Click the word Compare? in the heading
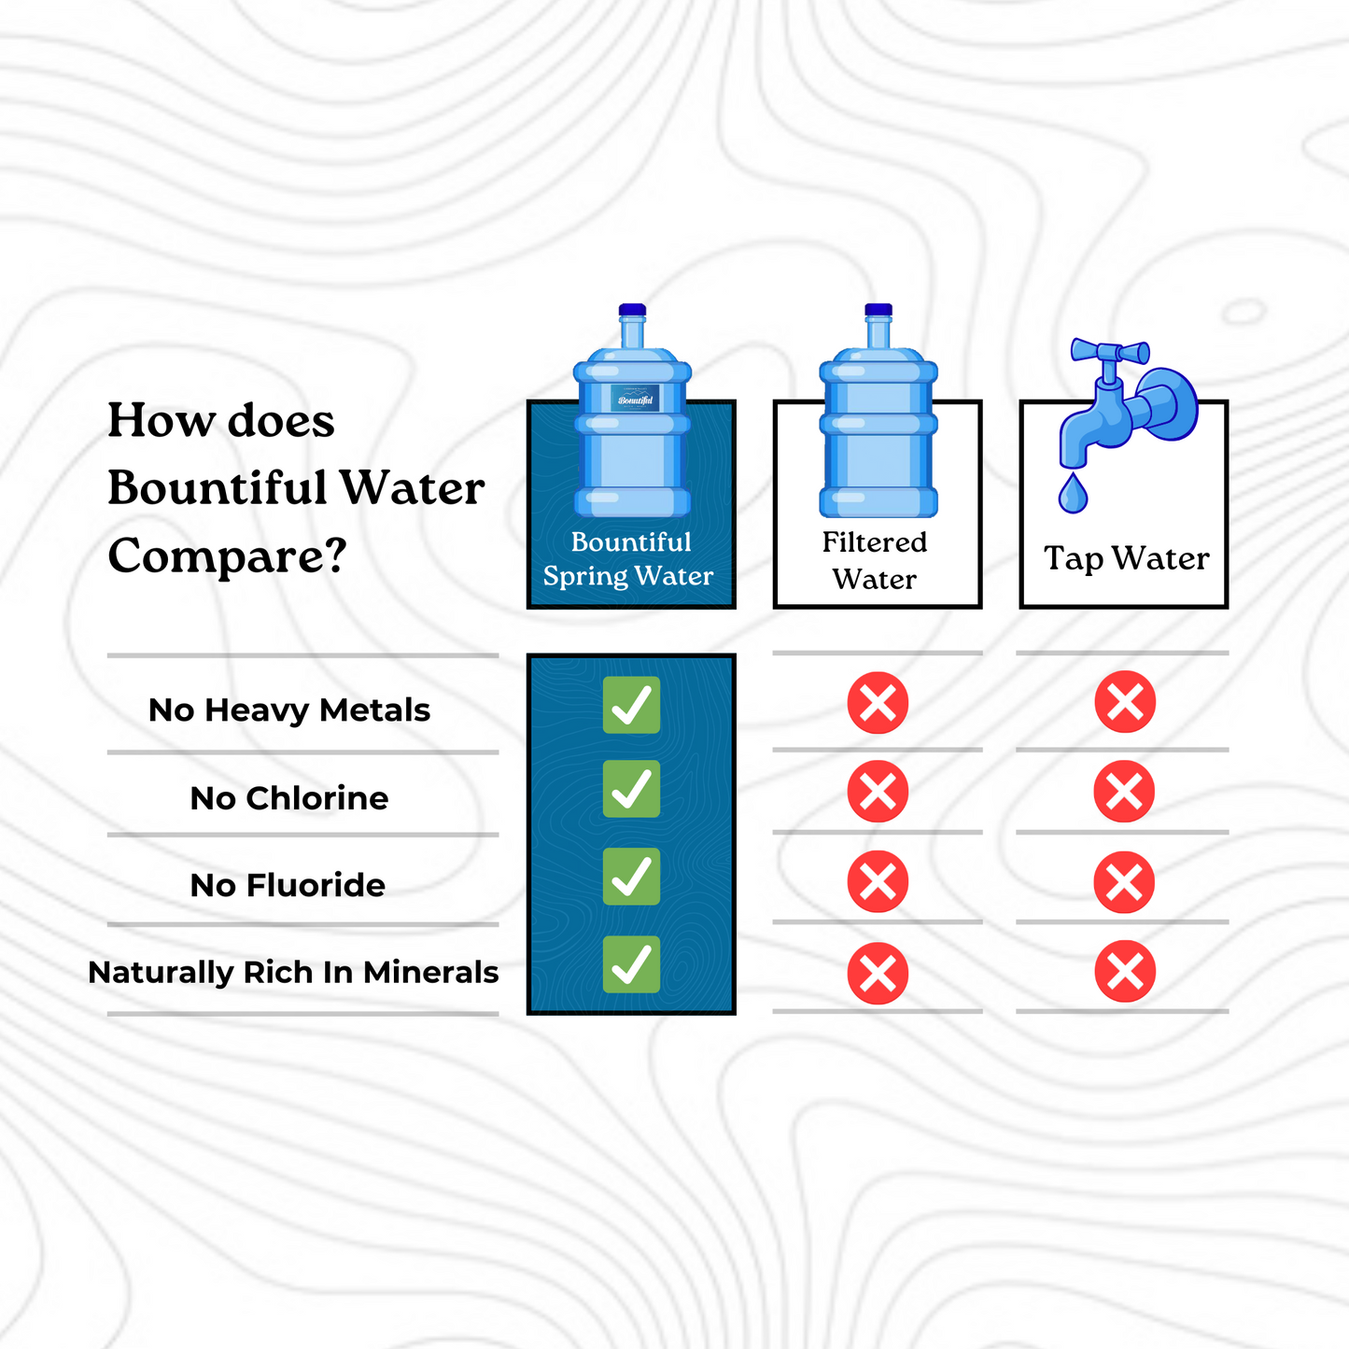(x=228, y=555)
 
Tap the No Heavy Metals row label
(x=289, y=710)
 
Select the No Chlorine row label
(x=289, y=798)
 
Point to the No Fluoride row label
(x=288, y=886)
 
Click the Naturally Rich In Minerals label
(x=293, y=973)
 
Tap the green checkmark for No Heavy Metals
(x=631, y=705)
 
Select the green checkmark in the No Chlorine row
(x=631, y=789)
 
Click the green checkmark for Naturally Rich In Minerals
(x=631, y=964)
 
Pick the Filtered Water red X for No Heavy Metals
(x=878, y=703)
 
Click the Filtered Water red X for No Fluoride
(x=878, y=881)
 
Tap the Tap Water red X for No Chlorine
(x=1124, y=791)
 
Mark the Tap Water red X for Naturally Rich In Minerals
(x=1125, y=971)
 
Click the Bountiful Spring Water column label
(x=628, y=558)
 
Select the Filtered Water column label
(x=875, y=560)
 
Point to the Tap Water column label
(x=1127, y=559)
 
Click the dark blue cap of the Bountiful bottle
(x=632, y=310)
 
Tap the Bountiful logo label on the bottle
(x=635, y=398)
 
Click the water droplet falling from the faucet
(x=1074, y=493)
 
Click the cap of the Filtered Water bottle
(x=878, y=310)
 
